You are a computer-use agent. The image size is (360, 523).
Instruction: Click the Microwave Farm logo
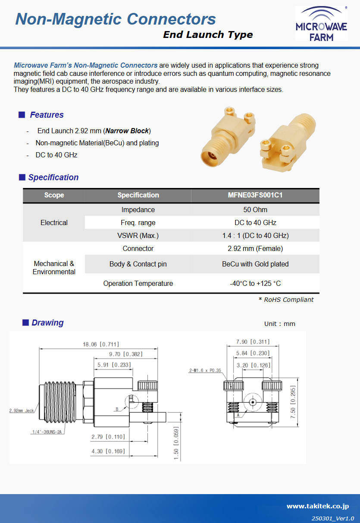pos(321,24)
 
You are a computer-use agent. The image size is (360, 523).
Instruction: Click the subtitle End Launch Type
pos(208,35)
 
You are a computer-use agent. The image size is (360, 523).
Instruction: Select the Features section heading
pos(47,115)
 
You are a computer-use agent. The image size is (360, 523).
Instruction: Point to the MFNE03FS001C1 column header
pos(255,195)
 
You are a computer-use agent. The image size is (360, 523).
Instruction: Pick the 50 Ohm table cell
pos(255,210)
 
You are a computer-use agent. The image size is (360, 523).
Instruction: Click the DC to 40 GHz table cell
pos(255,223)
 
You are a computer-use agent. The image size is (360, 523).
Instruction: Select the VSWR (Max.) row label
pos(138,236)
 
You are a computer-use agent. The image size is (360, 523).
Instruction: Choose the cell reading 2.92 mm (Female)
pos(255,249)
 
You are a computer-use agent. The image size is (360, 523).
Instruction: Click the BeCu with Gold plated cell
pos(255,264)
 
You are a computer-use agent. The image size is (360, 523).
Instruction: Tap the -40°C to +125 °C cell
pos(255,284)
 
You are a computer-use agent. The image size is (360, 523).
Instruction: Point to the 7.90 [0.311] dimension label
pos(253,342)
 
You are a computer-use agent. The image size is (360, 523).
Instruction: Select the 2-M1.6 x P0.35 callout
pos(205,370)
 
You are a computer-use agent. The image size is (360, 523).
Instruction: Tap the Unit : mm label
pos(279,324)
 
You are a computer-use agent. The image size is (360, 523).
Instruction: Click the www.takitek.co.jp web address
pos(317,507)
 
